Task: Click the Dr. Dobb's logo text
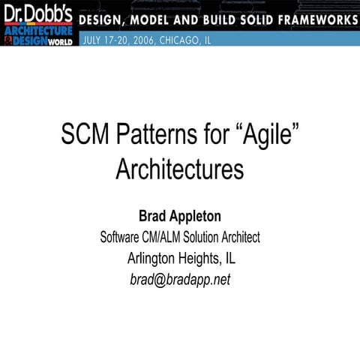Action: click(x=37, y=13)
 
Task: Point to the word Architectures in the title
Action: click(x=179, y=169)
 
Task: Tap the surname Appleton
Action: click(x=194, y=217)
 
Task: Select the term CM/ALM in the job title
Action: click(x=169, y=238)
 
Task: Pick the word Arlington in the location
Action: click(x=154, y=259)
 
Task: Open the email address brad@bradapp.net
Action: click(x=180, y=280)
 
